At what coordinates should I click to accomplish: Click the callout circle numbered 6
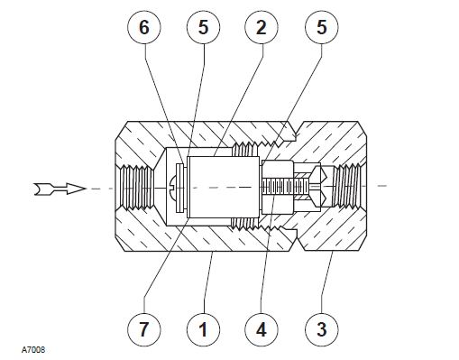tap(144, 27)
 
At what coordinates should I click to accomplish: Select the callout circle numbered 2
tap(262, 27)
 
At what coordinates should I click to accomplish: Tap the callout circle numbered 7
tap(144, 329)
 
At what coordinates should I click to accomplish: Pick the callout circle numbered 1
tap(203, 329)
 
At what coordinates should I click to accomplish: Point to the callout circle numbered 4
tap(262, 329)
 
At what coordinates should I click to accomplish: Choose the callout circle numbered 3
tap(322, 329)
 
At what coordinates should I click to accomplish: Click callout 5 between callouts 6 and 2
tap(203, 27)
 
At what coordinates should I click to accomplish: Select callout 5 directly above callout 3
tap(322, 27)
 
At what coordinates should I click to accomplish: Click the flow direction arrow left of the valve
tap(60, 189)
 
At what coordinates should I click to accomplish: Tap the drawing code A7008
tap(33, 350)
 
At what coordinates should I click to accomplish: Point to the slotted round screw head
tap(172, 188)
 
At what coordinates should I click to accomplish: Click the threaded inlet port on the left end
tap(138, 188)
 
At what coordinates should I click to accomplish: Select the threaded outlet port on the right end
tap(347, 186)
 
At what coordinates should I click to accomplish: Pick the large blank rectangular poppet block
tap(223, 188)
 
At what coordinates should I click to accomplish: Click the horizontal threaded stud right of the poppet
tap(286, 187)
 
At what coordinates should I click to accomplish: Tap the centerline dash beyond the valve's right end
tap(381, 186)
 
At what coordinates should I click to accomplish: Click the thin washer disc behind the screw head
tap(180, 188)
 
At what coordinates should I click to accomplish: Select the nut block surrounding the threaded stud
tap(278, 187)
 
